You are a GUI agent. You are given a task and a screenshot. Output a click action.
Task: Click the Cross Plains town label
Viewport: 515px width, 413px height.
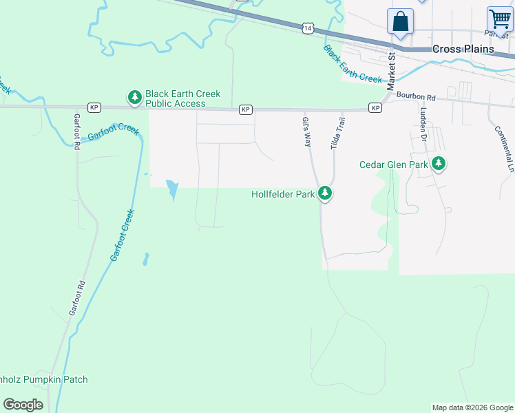click(463, 49)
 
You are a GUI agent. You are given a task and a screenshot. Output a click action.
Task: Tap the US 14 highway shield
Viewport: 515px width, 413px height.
click(307, 28)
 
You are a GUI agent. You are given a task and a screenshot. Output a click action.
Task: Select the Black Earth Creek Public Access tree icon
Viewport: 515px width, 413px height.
click(134, 98)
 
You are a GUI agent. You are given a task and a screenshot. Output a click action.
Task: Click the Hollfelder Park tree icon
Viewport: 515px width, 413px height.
click(325, 194)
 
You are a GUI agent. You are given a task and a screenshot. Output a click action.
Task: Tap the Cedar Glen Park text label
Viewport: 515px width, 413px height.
click(394, 165)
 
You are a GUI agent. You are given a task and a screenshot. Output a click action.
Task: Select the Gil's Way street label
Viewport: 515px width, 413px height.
click(307, 131)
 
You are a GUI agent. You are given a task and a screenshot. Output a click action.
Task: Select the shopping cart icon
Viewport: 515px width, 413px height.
click(500, 19)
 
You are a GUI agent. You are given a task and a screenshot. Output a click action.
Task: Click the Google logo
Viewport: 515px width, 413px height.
click(23, 405)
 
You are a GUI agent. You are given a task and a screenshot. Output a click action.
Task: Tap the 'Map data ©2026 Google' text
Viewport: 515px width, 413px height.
click(472, 407)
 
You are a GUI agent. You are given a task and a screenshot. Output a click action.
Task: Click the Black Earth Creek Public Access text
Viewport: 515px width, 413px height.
click(175, 98)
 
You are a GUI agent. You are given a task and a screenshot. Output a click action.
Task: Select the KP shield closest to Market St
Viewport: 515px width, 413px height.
click(375, 108)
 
